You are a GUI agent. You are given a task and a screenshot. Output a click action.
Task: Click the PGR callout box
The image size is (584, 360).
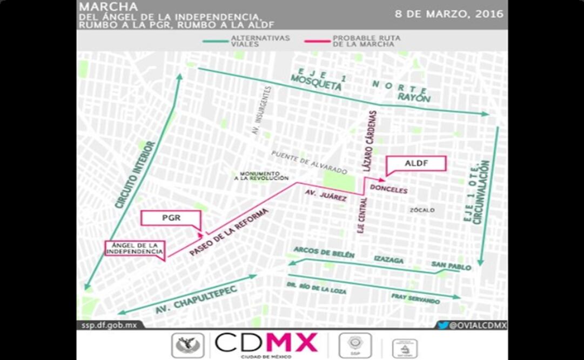171,219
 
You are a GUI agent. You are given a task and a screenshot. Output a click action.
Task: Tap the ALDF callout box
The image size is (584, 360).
416,163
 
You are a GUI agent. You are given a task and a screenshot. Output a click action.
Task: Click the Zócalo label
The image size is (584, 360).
422,210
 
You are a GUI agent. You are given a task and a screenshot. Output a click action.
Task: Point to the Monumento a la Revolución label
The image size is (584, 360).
261,175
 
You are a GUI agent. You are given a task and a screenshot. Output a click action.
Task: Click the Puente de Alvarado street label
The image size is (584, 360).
309,162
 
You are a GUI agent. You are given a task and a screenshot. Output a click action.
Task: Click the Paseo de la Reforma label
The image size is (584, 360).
230,232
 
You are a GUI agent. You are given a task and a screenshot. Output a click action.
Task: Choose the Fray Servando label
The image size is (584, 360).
415,299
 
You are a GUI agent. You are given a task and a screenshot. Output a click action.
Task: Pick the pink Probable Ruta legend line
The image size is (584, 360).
317,40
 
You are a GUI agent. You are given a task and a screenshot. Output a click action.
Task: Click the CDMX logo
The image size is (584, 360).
266,343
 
